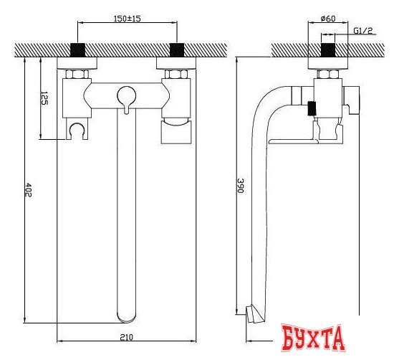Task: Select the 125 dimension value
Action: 44,99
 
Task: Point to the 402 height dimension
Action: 28,189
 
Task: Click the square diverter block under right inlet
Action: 176,132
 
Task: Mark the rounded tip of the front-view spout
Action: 127,313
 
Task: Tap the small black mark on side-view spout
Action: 312,109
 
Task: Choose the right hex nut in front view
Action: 176,74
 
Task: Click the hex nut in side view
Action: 329,74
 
